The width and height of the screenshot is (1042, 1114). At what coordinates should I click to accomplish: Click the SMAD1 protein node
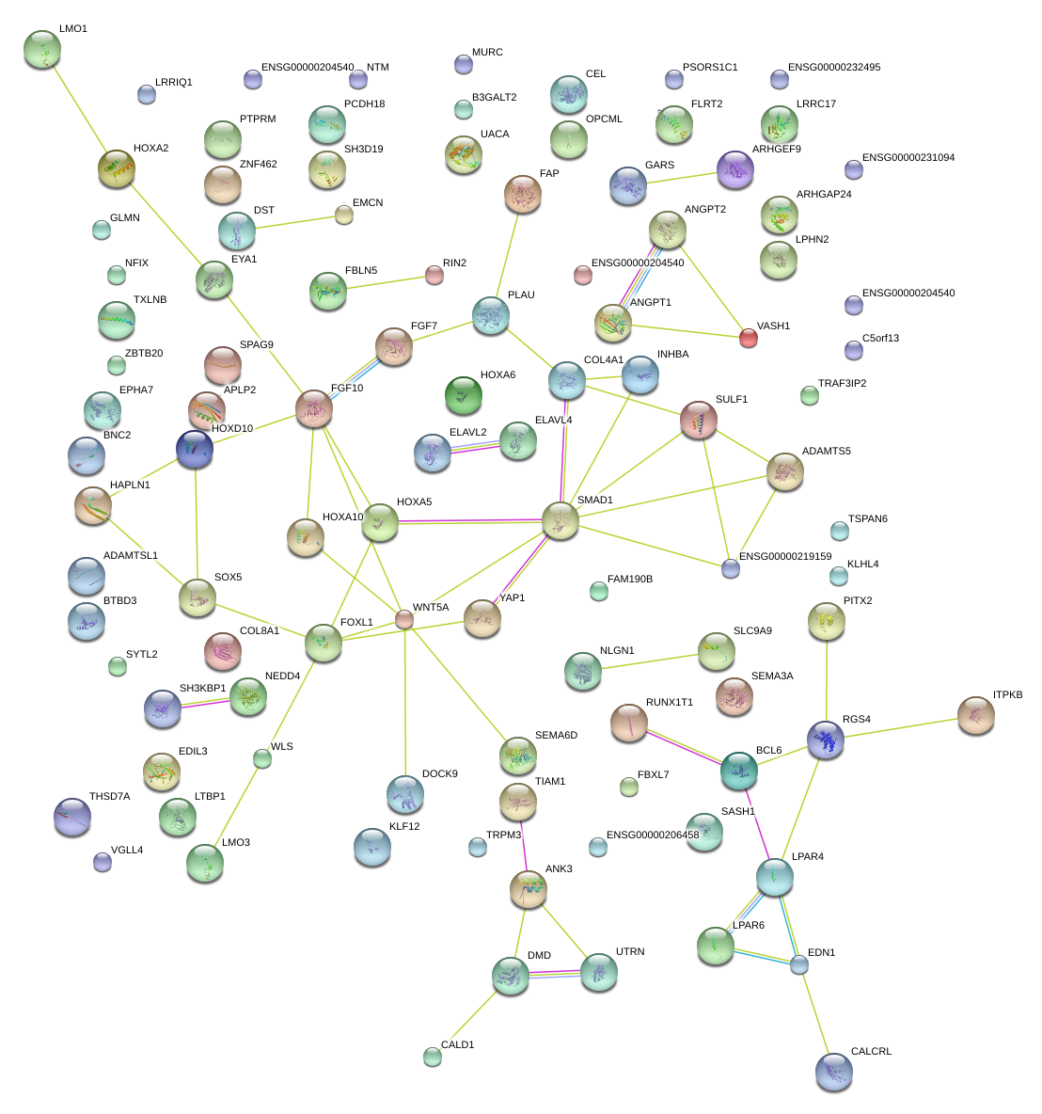(560, 520)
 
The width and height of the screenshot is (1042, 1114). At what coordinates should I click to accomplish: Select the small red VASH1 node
(749, 338)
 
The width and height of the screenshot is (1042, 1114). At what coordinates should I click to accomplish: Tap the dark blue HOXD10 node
(195, 450)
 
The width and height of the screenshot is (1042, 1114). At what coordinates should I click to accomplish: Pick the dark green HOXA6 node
(463, 394)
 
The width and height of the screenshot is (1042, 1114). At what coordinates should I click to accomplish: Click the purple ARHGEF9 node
(735, 169)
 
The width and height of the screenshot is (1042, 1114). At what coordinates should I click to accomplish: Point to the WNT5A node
(404, 619)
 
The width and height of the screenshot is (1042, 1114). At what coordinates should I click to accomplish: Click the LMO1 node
(41, 49)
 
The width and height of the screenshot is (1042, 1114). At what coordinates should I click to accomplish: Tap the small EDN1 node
(799, 964)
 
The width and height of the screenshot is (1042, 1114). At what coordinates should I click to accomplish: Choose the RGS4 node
(826, 740)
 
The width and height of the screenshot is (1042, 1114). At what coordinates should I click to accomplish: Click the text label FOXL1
(356, 622)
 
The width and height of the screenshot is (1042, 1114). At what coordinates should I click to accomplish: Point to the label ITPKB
(1007, 695)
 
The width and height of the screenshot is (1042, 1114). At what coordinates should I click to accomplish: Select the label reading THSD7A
(109, 797)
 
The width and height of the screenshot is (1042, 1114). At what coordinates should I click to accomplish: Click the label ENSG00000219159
(785, 556)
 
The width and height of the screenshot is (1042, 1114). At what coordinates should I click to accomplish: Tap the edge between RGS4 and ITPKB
(901, 727)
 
